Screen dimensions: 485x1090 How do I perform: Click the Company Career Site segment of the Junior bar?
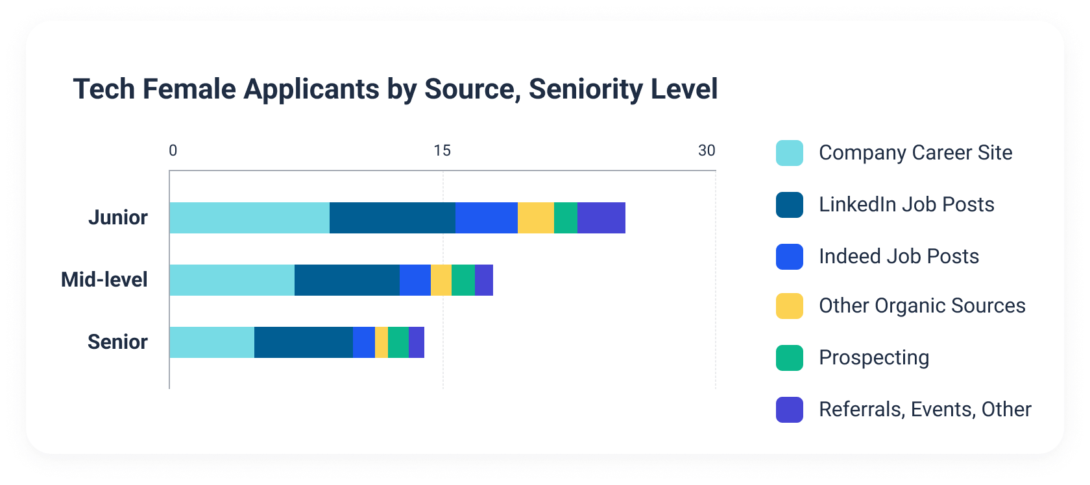pyautogui.click(x=249, y=218)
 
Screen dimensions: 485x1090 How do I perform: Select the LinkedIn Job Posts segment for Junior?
pyautogui.click(x=392, y=218)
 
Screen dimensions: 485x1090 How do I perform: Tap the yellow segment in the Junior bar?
pyautogui.click(x=535, y=218)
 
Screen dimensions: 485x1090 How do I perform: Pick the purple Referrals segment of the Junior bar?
pyautogui.click(x=601, y=218)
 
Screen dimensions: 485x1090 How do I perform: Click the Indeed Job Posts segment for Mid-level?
pyautogui.click(x=415, y=280)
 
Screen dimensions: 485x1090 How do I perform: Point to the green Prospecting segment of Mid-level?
pyautogui.click(x=463, y=280)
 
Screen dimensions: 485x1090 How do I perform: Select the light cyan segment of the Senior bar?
pyautogui.click(x=212, y=342)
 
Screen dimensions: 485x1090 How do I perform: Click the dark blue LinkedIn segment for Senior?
pyautogui.click(x=303, y=342)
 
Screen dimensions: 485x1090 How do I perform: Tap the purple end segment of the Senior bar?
pyautogui.click(x=416, y=342)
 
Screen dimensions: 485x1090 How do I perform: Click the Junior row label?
pyautogui.click(x=118, y=217)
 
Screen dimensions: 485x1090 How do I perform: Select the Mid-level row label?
pyautogui.click(x=104, y=279)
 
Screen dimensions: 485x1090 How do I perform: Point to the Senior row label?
pyautogui.click(x=117, y=342)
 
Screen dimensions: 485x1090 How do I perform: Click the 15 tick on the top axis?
pyautogui.click(x=442, y=150)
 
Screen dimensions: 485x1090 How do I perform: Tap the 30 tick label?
pyautogui.click(x=706, y=150)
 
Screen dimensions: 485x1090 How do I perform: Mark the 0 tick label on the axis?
pyautogui.click(x=173, y=150)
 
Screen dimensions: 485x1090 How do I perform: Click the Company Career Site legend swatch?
pyautogui.click(x=789, y=153)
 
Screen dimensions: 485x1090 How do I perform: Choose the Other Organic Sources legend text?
pyautogui.click(x=921, y=305)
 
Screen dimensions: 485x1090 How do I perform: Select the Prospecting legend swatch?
pyautogui.click(x=789, y=358)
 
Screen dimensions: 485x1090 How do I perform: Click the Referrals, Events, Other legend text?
pyautogui.click(x=925, y=409)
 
